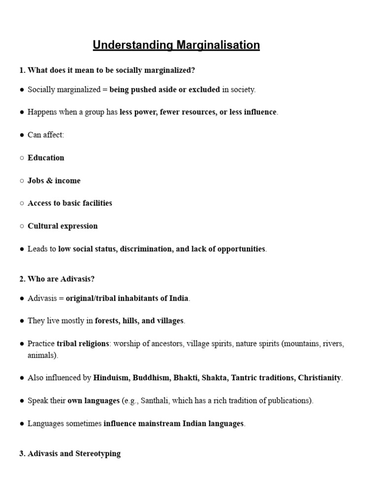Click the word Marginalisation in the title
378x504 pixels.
pyautogui.click(x=218, y=45)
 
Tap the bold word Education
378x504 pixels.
pyautogui.click(x=46, y=157)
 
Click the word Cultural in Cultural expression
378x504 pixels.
pyautogui.click(x=43, y=226)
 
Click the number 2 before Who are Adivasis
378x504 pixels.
pyautogui.click(x=22, y=279)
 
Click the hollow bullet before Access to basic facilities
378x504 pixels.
pyautogui.click(x=22, y=203)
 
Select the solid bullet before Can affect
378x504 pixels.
pyautogui.click(x=22, y=135)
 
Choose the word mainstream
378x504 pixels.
pyautogui.click(x=160, y=423)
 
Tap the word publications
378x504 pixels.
pyautogui.click(x=289, y=400)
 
